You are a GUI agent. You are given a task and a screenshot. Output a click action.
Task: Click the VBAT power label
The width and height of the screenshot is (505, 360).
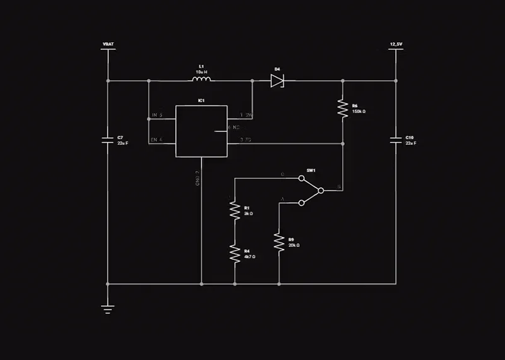click(108, 44)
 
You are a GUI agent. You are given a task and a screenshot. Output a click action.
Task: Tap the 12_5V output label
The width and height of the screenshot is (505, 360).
click(396, 44)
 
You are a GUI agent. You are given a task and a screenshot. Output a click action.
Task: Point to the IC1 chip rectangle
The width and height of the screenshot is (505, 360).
click(201, 131)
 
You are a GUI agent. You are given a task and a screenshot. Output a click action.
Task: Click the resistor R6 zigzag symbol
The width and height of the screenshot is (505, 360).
click(343, 108)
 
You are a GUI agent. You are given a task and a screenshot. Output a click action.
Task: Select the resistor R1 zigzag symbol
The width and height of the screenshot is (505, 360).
click(234, 211)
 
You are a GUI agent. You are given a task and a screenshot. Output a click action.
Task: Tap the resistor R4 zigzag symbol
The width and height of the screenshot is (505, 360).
click(234, 254)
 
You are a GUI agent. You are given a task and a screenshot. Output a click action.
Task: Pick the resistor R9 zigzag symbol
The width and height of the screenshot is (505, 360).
click(278, 243)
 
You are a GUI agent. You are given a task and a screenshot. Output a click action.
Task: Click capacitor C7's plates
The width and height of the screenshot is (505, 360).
click(108, 140)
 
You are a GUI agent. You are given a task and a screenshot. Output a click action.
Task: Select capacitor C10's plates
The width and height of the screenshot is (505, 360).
click(396, 140)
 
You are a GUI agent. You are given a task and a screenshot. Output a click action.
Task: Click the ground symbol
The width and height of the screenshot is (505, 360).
click(108, 309)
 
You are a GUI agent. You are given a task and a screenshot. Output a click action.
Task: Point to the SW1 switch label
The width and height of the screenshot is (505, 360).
click(311, 171)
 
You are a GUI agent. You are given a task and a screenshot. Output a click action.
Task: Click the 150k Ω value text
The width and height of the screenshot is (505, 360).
click(359, 111)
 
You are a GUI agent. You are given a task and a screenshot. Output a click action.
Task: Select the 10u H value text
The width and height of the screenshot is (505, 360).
click(201, 71)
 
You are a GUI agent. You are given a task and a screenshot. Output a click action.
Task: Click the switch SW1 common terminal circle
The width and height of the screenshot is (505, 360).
click(321, 190)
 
